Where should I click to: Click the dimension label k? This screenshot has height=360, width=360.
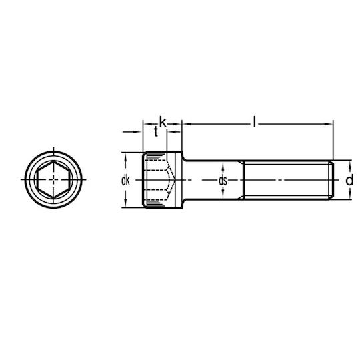pyautogui.click(x=163, y=123)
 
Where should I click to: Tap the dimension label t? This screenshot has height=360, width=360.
pyautogui.click(x=156, y=132)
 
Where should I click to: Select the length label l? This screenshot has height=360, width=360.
pyautogui.click(x=254, y=121)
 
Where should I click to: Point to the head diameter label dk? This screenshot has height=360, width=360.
pyautogui.click(x=125, y=181)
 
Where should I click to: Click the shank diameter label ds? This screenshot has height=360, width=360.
pyautogui.click(x=223, y=181)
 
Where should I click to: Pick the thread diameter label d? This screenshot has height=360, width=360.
pyautogui.click(x=349, y=180)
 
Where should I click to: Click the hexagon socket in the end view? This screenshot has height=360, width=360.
pyautogui.click(x=53, y=180)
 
